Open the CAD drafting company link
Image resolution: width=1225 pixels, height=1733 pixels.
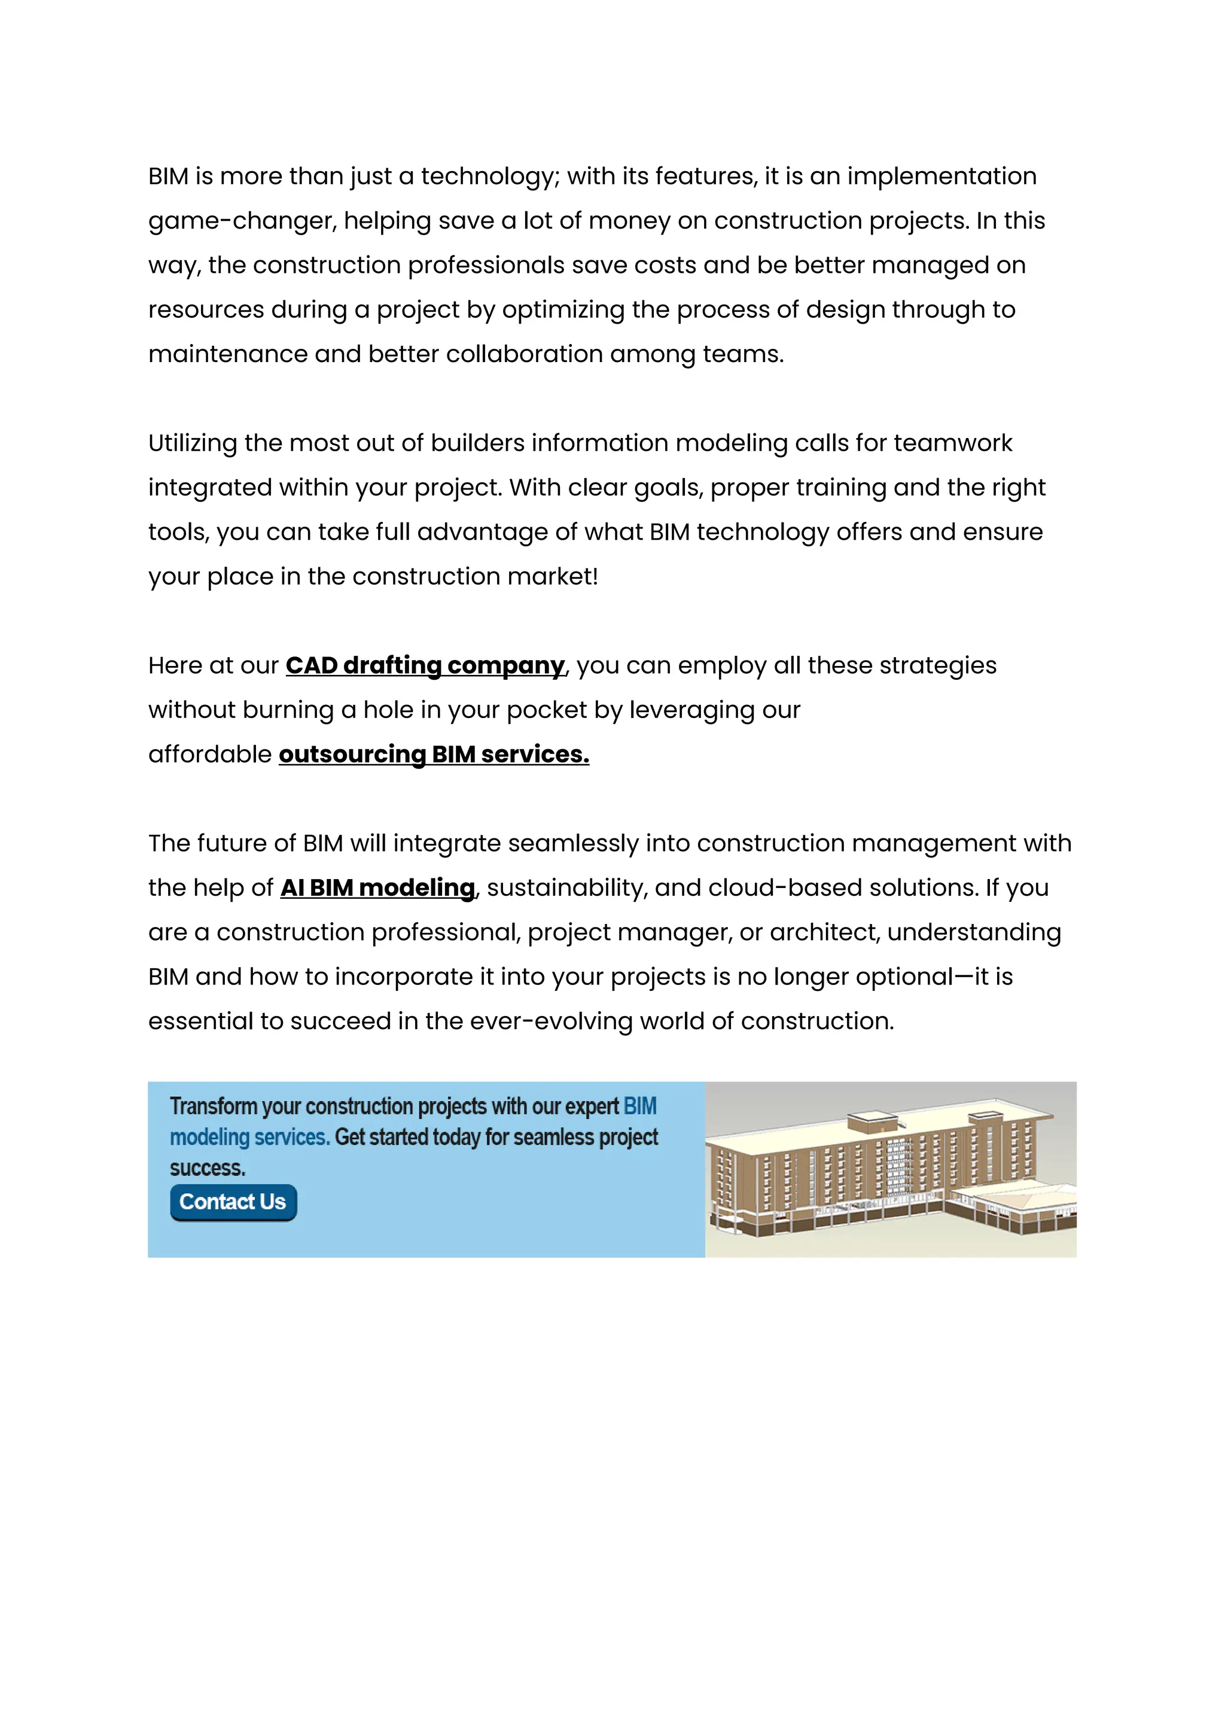425,665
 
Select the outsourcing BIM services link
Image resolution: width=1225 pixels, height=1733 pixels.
434,755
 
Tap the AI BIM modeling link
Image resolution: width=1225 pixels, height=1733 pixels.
378,889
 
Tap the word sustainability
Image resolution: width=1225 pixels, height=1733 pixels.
567,889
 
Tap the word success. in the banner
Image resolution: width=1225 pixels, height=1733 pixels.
208,1169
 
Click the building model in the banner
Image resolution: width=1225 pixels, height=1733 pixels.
890,1170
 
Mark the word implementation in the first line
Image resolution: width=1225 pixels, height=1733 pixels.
941,177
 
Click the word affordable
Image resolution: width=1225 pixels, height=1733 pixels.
210,755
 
